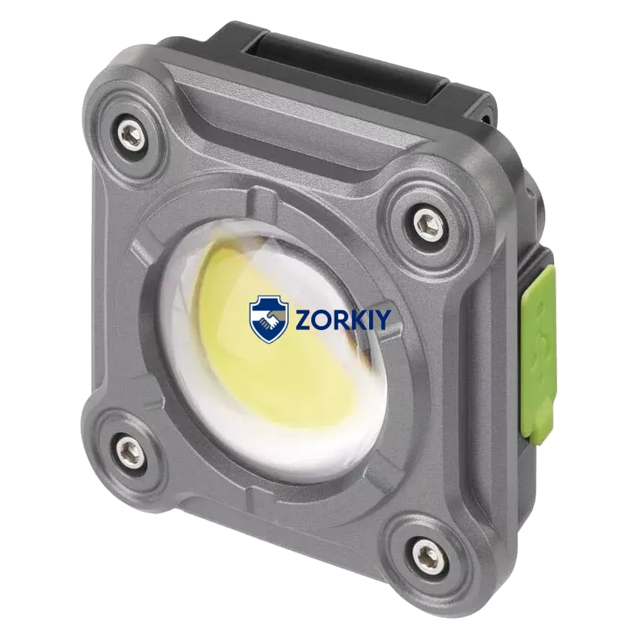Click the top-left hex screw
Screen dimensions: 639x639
[x=130, y=135]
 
